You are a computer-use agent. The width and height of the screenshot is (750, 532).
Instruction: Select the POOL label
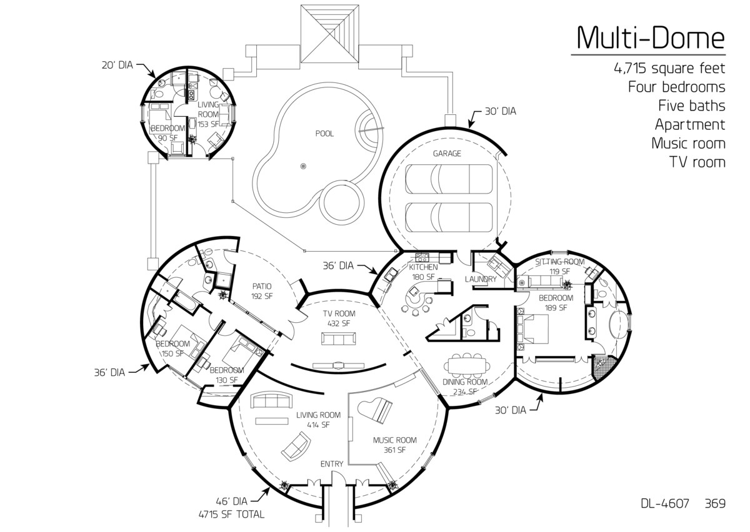324,134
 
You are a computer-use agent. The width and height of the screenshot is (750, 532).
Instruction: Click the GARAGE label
447,154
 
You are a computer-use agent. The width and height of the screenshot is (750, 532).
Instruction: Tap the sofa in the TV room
339,338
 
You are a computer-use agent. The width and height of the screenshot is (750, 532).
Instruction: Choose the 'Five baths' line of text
690,106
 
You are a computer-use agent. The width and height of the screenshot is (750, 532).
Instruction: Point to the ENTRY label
331,463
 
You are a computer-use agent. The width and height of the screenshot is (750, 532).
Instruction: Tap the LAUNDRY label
481,279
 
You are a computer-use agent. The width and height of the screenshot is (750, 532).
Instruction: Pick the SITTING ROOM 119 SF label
559,266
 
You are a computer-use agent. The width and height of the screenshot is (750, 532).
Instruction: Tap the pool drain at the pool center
304,166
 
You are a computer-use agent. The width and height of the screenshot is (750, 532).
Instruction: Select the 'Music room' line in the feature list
687,143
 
